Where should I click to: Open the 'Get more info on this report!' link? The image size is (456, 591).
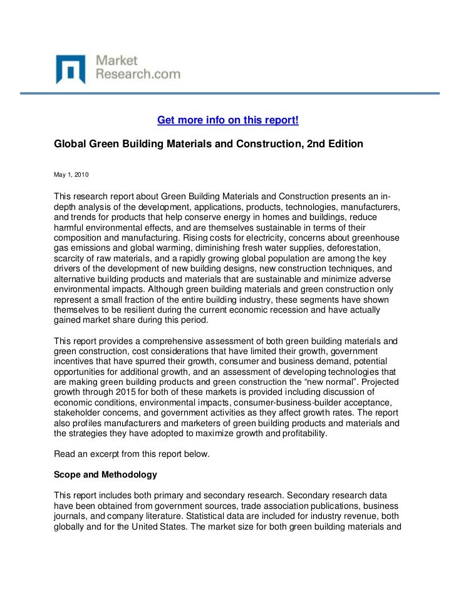point(227,120)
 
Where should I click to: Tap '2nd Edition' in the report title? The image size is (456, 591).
point(335,144)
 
